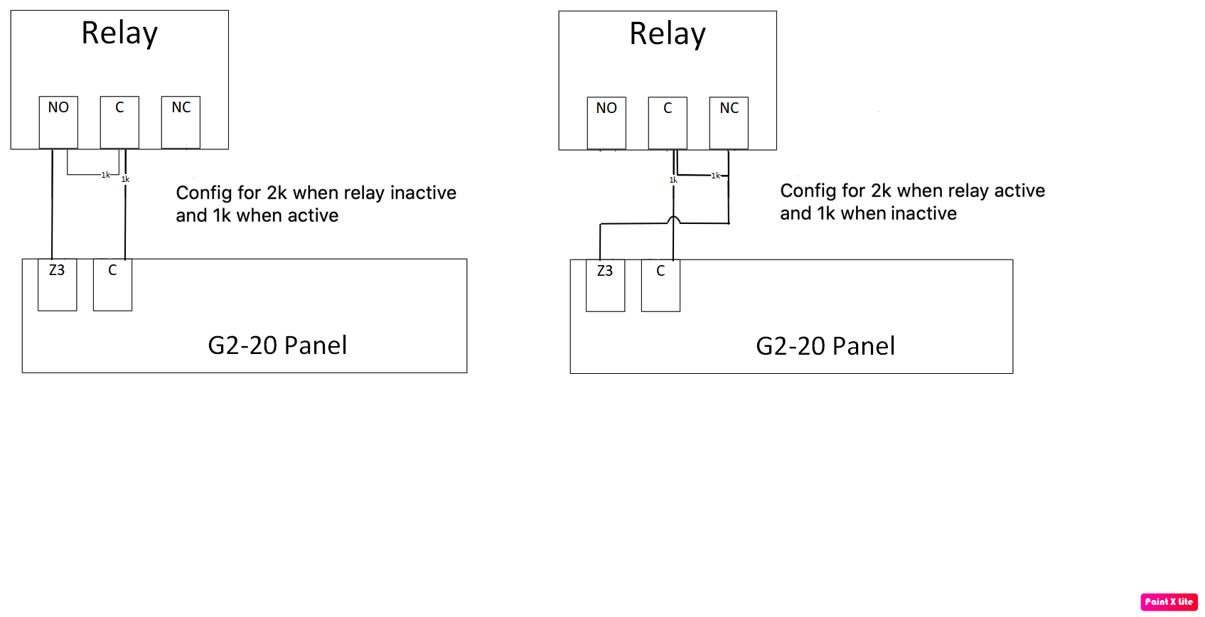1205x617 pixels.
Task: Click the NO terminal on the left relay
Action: point(58,122)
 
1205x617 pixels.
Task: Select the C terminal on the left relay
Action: point(119,122)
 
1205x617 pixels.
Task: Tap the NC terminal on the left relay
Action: point(181,122)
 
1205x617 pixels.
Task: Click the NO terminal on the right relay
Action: point(606,123)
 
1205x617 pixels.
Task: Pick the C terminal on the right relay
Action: point(668,123)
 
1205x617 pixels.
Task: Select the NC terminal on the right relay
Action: point(729,123)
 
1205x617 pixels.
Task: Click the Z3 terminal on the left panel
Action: point(57,284)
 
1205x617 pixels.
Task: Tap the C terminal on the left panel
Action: point(112,284)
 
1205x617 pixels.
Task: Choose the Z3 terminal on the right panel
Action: point(605,285)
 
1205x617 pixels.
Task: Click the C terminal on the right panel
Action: point(660,285)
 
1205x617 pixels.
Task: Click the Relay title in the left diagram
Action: point(119,33)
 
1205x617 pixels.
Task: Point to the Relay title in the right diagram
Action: point(668,34)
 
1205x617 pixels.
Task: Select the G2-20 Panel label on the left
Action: point(277,345)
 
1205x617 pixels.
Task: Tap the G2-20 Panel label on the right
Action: point(825,346)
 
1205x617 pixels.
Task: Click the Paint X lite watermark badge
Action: point(1169,601)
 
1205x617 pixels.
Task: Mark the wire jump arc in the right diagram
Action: point(673,220)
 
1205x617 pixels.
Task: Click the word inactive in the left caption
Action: point(423,193)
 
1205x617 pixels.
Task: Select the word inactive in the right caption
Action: point(923,213)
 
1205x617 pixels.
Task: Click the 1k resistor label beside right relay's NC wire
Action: point(715,175)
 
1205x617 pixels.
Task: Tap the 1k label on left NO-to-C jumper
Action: point(105,175)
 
